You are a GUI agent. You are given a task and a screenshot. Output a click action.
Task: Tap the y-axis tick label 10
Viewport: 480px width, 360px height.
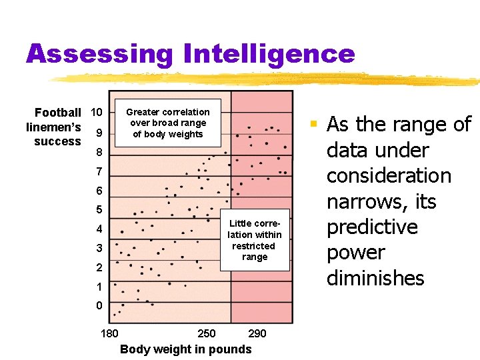pos(96,111)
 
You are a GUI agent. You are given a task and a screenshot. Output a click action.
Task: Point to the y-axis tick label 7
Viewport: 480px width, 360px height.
pos(99,172)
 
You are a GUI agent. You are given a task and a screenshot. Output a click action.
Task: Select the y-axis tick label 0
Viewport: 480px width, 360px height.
pos(99,306)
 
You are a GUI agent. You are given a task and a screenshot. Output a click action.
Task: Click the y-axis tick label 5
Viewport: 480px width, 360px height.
pos(99,211)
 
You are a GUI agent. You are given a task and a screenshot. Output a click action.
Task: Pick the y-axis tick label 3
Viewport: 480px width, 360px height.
pos(99,249)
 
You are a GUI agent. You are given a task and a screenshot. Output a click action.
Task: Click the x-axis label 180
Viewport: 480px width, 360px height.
pos(109,333)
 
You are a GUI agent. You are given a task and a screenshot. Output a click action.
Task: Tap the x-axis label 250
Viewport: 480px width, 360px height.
pos(207,333)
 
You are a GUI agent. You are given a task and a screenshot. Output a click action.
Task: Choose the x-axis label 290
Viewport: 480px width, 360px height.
pos(257,333)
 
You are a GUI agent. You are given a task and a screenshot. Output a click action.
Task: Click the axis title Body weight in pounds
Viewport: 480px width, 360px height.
pos(185,349)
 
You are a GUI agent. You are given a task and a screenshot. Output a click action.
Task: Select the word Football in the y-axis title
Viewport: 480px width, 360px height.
pos(58,113)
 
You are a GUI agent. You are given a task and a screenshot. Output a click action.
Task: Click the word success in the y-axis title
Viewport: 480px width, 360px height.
pos(57,141)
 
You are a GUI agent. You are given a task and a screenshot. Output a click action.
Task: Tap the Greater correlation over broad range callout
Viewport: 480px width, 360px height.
pos(167,123)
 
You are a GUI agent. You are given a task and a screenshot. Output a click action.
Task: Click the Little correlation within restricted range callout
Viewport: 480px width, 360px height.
pos(255,240)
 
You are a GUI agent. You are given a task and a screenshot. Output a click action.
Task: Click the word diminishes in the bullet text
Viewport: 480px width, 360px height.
pos(375,278)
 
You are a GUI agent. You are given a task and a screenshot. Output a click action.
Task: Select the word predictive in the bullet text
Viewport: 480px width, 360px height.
pos(373,227)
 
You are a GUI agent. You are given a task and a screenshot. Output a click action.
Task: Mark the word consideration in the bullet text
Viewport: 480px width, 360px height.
pos(389,176)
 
